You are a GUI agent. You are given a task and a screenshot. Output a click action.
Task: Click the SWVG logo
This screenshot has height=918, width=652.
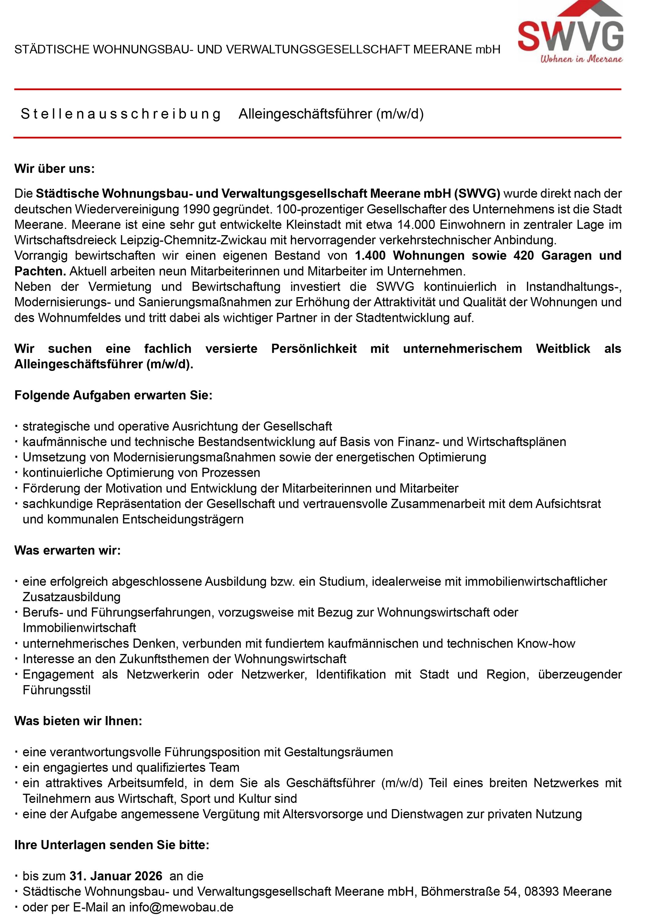[570, 30]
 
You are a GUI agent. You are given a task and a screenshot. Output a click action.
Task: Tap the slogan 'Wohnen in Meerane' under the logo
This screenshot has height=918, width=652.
[581, 59]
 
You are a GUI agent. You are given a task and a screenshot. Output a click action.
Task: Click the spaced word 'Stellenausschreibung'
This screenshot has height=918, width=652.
[120, 114]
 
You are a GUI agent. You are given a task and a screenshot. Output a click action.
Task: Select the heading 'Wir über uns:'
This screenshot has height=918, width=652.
[54, 169]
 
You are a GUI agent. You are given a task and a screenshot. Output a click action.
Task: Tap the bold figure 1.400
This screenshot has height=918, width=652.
[370, 256]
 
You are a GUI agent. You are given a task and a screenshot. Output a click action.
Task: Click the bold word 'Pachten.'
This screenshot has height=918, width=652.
[40, 271]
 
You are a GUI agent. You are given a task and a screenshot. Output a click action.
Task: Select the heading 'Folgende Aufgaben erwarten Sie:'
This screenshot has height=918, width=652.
[113, 395]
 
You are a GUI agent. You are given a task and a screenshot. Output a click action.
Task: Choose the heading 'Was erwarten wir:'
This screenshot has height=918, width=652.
[67, 550]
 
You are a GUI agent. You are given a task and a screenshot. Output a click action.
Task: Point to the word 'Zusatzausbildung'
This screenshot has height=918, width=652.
[71, 597]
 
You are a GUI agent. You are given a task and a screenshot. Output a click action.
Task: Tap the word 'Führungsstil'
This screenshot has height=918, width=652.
[57, 690]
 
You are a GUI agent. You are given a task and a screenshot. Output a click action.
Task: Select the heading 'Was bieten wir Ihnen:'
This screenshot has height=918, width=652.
[78, 721]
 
